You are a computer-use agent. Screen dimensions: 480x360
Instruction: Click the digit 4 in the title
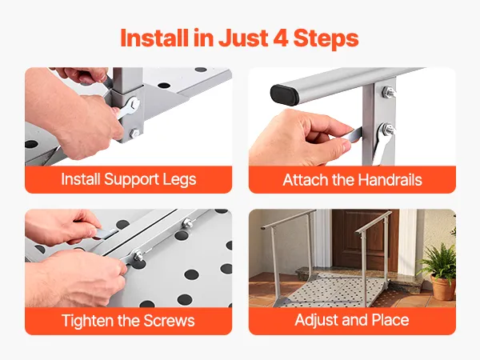point(281,38)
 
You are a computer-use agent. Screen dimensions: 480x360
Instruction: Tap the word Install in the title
point(154,38)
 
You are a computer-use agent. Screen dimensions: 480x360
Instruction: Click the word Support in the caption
point(131,180)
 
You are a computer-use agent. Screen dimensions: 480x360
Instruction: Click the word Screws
point(169,321)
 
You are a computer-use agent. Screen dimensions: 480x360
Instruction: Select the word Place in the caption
point(390,320)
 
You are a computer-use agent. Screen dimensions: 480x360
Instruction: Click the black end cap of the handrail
point(284,95)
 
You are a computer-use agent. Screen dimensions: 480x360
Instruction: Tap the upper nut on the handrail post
point(388,92)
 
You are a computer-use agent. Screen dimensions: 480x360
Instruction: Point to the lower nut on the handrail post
point(387,129)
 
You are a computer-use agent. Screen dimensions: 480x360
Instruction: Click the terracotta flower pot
point(442,287)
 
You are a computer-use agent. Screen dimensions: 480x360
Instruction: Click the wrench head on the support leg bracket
point(133,105)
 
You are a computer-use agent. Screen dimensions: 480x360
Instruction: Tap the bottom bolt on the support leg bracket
point(134,134)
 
